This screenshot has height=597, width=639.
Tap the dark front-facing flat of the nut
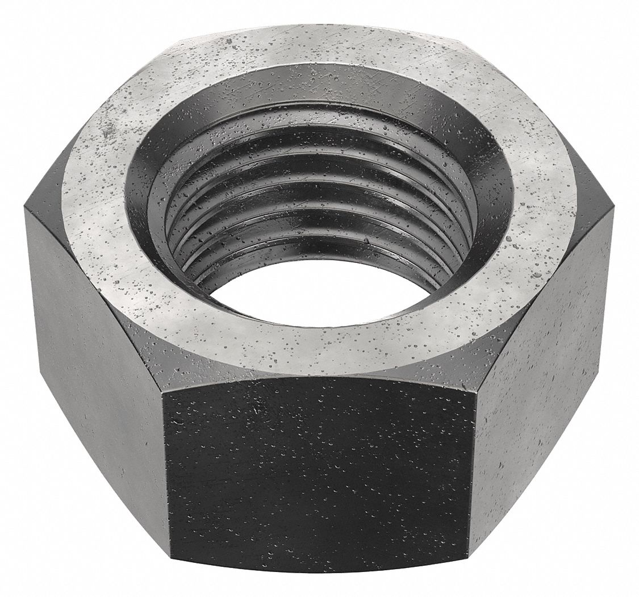(x=318, y=483)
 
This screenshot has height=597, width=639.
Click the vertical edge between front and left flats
(x=165, y=483)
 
